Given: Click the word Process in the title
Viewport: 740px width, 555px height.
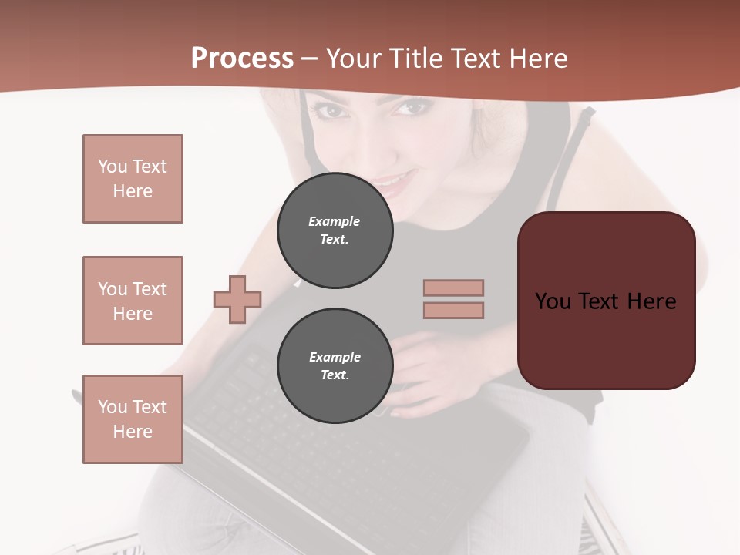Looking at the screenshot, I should click(x=242, y=58).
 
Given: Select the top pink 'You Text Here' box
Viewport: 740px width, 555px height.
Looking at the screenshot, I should click(x=133, y=179).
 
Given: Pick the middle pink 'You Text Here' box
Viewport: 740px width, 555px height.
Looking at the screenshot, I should click(x=133, y=301).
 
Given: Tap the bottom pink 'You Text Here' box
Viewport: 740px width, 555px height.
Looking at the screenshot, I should click(x=133, y=419).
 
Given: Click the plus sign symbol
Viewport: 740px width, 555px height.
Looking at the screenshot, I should click(x=237, y=299).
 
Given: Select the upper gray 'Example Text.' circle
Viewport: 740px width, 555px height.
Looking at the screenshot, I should click(x=335, y=230).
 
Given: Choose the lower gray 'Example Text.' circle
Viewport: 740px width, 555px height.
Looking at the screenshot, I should click(x=335, y=366).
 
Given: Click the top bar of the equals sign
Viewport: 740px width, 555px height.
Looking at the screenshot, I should click(x=453, y=288).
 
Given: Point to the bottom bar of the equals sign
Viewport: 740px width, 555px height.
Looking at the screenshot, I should click(x=453, y=310).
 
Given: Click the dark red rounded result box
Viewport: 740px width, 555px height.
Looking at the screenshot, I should click(x=606, y=339).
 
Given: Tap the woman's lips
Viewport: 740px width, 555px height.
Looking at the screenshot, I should click(x=393, y=183).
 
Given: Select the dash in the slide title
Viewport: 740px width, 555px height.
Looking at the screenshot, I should click(x=309, y=59).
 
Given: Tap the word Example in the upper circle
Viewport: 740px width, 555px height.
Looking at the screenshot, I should click(x=335, y=221).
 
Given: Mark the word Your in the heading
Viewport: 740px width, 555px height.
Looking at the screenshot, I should click(x=352, y=58).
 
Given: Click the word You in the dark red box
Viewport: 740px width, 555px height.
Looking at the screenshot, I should click(x=553, y=301).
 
